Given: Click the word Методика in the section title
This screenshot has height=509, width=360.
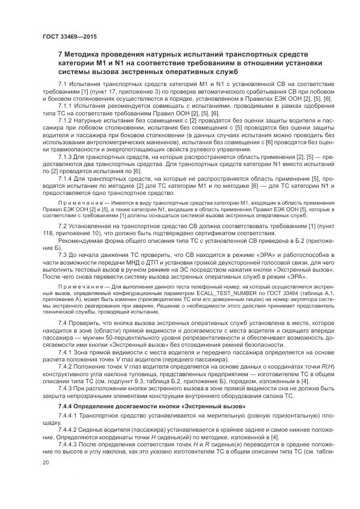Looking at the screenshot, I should (86, 54).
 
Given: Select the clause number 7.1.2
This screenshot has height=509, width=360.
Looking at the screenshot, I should (68, 119).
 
